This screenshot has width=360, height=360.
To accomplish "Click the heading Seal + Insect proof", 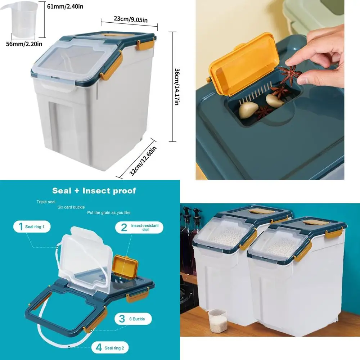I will click(94, 190).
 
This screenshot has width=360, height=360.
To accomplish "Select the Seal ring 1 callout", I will click(32, 227).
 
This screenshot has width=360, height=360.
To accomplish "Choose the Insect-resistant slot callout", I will click(139, 227).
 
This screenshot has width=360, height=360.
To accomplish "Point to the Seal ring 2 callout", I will click(110, 348).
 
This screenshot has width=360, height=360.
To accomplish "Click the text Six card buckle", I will click(71, 207).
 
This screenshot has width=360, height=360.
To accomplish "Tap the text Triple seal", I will click(45, 202).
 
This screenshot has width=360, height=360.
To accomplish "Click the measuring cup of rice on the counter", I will click(218, 320).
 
